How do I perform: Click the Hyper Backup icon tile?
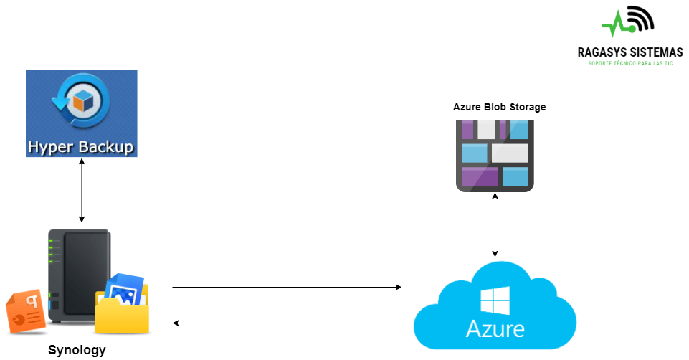81,113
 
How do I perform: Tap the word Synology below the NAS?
77,351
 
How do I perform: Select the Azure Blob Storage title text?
499,107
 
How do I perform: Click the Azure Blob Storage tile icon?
495,156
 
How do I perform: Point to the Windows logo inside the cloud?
495,301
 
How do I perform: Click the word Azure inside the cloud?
495,330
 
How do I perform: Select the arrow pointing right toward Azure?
287,288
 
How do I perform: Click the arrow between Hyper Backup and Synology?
82,191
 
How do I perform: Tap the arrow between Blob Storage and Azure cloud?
495,226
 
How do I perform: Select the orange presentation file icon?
26,312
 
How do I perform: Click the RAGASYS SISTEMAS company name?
630,52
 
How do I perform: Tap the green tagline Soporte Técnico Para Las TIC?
630,64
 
